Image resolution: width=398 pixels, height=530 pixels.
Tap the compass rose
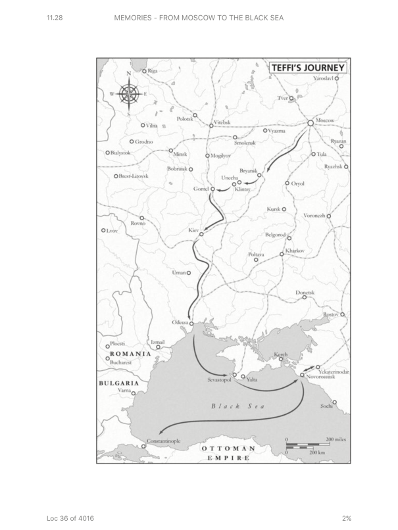pyautogui.click(x=128, y=93)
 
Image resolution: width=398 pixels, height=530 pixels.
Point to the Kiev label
pyautogui.click(x=193, y=231)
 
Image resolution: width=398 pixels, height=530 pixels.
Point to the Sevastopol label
pyautogui.click(x=220, y=380)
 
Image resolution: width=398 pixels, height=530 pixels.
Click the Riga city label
pyautogui.click(x=153, y=70)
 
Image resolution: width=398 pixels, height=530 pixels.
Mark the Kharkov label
pyautogui.click(x=295, y=251)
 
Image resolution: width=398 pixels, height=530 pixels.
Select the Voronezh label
pyautogui.click(x=314, y=216)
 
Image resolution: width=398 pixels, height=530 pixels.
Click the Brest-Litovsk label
pyautogui.click(x=135, y=176)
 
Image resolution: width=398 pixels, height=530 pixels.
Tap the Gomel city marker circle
pyautogui.click(x=212, y=189)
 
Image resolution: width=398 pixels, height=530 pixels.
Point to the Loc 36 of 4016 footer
pyautogui.click(x=70, y=519)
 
